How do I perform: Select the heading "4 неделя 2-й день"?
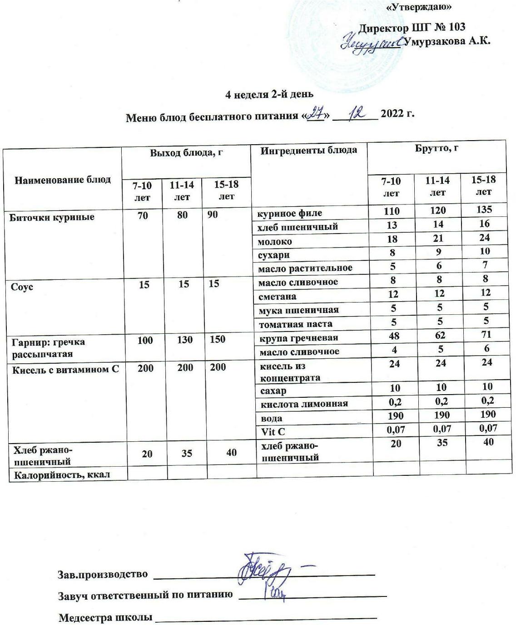coord(270,94)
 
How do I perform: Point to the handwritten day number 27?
coord(314,112)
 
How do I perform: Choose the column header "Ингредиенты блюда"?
coord(308,150)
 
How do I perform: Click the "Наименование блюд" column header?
coord(63,180)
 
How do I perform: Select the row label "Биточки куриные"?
coord(52,217)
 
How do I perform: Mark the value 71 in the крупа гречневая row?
coord(486,335)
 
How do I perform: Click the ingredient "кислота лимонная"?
coord(304,404)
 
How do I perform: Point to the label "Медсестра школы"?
coord(105,617)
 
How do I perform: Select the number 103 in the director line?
coord(456,27)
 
